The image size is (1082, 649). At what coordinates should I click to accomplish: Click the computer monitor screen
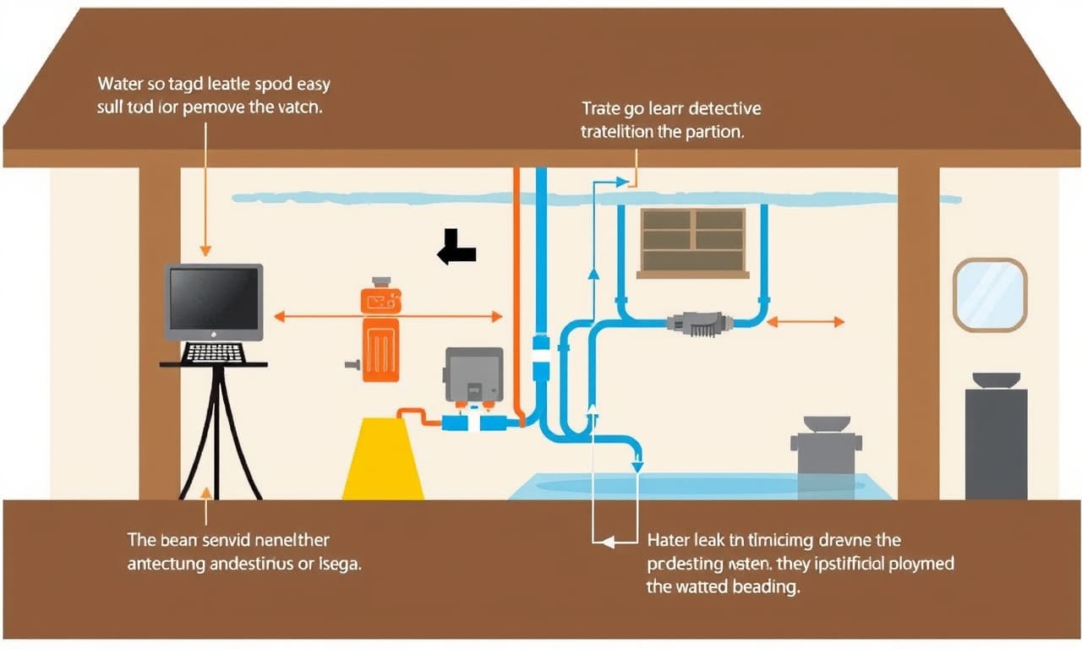point(213,300)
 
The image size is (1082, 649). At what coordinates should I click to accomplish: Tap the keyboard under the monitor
point(213,352)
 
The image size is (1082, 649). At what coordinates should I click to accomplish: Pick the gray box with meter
point(473,376)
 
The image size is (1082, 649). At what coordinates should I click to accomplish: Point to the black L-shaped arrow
point(456,247)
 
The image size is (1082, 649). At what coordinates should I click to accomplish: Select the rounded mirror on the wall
point(990,294)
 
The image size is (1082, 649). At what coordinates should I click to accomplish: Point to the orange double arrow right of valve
point(806,322)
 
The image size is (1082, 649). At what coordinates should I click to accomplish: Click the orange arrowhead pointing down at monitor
point(205,250)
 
